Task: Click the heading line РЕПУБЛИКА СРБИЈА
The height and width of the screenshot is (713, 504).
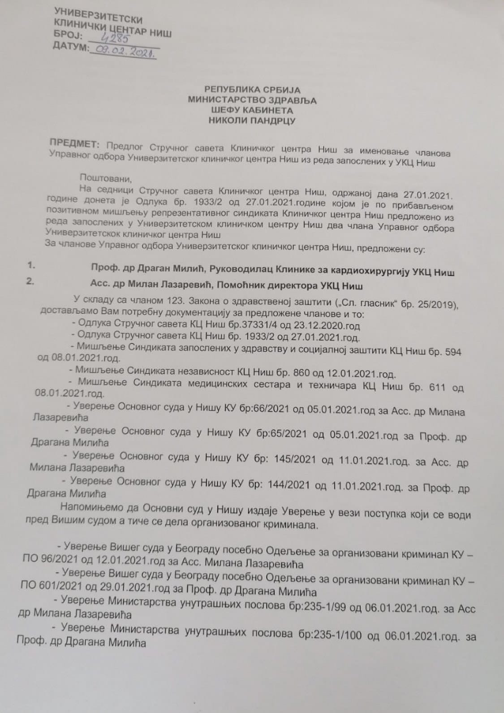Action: [x=252, y=91]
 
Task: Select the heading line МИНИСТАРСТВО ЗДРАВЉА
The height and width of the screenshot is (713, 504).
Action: [x=252, y=101]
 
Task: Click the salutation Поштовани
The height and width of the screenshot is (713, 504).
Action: [x=106, y=178]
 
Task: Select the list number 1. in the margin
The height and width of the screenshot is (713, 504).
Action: [x=31, y=265]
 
